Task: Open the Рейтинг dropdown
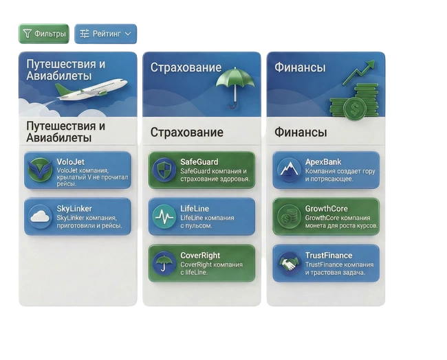tap(105, 34)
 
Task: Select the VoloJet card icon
tap(41, 170)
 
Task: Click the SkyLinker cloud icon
tap(41, 216)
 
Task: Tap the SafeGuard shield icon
tap(164, 170)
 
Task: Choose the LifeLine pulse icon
tap(164, 216)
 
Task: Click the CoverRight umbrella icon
tap(164, 263)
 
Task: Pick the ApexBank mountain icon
tap(289, 170)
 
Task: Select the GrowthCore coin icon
tap(289, 216)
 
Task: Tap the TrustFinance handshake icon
tap(289, 263)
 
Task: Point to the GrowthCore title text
tap(327, 209)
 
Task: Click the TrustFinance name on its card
tap(329, 256)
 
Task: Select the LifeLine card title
tap(195, 209)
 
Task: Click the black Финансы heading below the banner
tap(301, 132)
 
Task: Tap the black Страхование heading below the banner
tap(186, 132)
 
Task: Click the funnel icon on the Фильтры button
tap(28, 34)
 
